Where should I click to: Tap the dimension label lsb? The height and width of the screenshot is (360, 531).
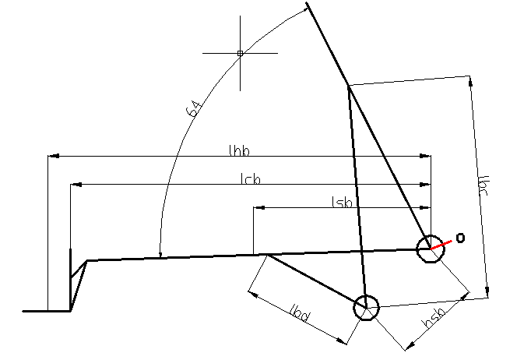343,202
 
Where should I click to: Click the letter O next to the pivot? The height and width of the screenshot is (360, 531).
460,238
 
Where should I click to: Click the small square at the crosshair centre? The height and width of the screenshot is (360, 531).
240,53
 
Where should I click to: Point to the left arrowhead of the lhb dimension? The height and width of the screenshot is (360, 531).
52,156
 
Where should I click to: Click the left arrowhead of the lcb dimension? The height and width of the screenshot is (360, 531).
75,185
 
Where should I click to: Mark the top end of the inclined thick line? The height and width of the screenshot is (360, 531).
308,5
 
